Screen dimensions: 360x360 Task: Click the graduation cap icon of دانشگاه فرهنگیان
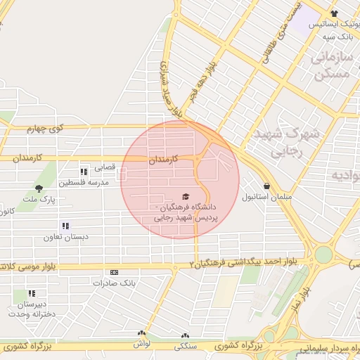[x=186, y=197]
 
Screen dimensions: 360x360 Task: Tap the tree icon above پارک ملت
[x=39, y=188]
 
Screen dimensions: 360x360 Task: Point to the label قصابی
[x=103, y=167]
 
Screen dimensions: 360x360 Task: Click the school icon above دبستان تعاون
[x=65, y=226]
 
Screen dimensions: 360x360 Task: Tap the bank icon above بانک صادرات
[x=114, y=272]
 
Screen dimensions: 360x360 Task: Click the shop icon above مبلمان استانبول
[x=266, y=187]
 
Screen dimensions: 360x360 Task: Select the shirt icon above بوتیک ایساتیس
[x=334, y=13]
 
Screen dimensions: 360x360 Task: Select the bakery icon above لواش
[x=143, y=333]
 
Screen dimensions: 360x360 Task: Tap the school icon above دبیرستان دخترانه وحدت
[x=32, y=293]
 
